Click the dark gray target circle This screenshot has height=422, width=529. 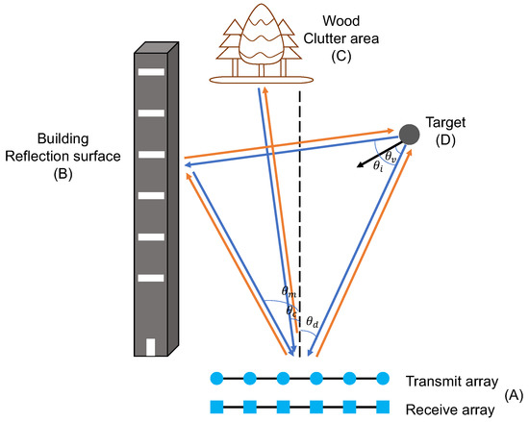pos(409,135)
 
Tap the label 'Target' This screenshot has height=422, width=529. pos(448,123)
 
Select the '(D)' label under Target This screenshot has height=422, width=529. pos(447,142)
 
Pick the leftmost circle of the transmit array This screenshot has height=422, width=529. pos(216,377)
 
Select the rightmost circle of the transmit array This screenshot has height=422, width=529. pos(382,377)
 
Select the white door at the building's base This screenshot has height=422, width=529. pos(149,346)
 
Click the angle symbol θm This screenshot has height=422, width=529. pos(288,290)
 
